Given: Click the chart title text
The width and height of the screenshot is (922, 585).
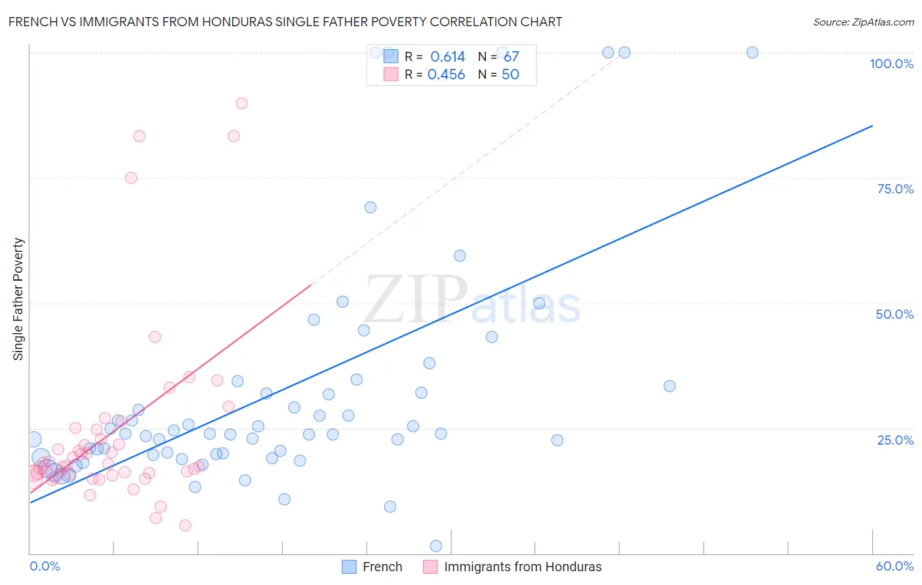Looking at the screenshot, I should tap(285, 22).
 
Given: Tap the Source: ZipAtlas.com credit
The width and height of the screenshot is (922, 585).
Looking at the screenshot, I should tap(863, 22).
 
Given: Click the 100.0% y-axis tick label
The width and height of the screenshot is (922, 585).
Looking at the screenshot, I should tap(891, 64).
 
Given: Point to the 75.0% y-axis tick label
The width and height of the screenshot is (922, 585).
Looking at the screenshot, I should tap(895, 189).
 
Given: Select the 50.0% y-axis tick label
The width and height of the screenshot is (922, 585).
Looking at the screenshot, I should tap(894, 314).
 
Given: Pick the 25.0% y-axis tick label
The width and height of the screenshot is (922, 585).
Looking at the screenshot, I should tap(895, 440).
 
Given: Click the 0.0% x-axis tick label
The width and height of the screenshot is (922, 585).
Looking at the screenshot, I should tap(45, 566).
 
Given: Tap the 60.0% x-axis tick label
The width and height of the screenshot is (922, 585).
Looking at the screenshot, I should tap(894, 566).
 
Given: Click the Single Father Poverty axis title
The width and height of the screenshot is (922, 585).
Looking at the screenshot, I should tap(18, 299).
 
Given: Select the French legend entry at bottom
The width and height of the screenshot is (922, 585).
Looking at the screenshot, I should tap(372, 567).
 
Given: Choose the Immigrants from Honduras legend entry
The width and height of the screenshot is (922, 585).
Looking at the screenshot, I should tap(512, 567).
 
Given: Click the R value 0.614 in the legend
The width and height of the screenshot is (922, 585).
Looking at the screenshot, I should tap(448, 57).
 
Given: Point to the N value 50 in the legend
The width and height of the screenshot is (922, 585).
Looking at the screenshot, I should tap(510, 75).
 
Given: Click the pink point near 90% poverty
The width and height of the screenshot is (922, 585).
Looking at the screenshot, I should tap(241, 103).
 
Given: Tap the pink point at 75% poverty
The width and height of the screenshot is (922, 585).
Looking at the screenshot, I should tap(131, 178).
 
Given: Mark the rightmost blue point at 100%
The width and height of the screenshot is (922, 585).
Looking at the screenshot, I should tap(752, 52).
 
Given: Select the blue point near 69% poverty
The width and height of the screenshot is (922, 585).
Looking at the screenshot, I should tap(371, 207).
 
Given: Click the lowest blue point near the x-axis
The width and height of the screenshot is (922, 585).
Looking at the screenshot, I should tap(436, 546).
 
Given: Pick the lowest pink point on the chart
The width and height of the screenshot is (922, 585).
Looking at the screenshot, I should tap(185, 525).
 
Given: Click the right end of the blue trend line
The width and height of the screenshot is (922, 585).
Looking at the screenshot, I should tap(872, 125).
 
